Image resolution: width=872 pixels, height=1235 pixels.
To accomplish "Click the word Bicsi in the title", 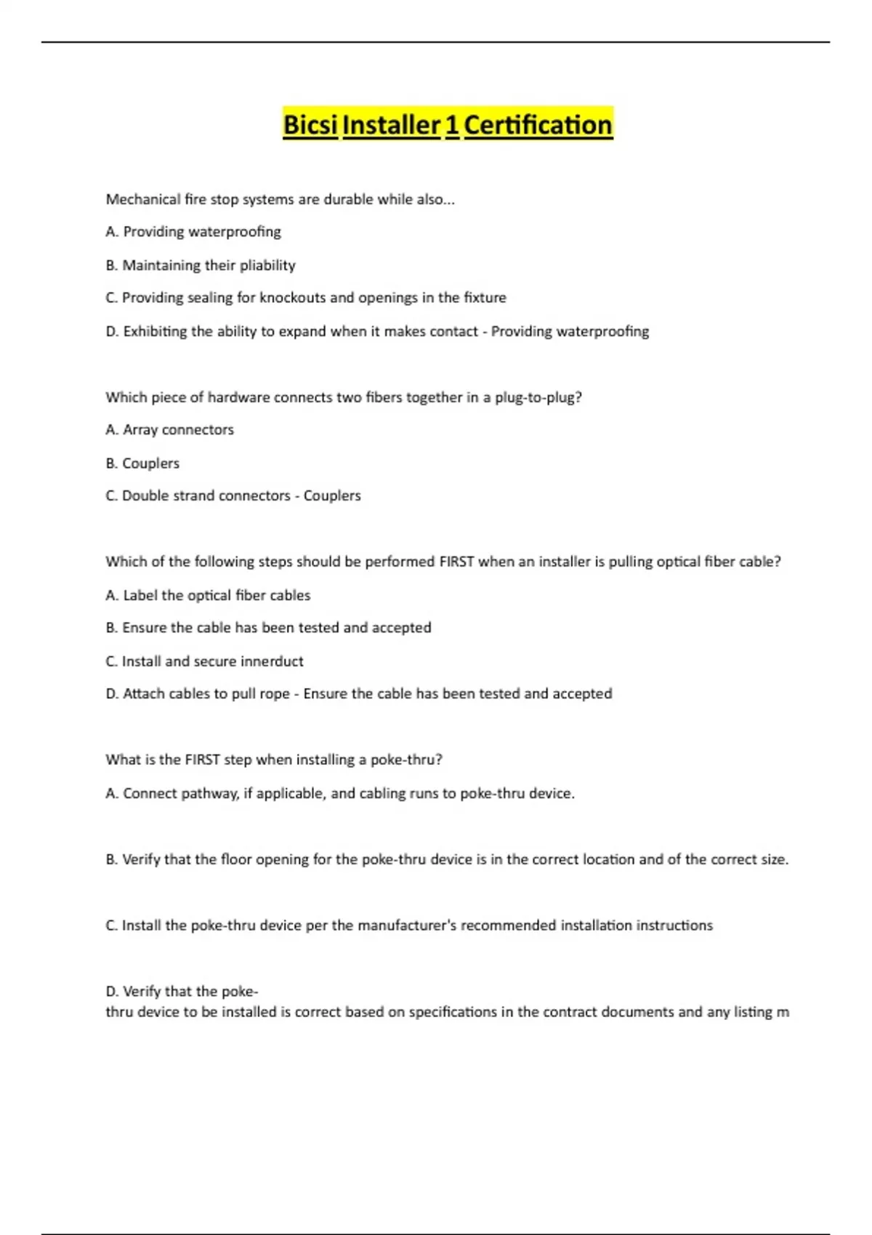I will [x=310, y=125].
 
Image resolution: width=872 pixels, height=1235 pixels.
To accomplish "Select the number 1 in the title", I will [x=451, y=125].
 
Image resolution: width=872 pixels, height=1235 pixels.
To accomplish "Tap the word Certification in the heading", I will [x=538, y=125].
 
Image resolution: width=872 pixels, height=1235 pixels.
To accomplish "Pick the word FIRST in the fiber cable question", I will [x=456, y=562].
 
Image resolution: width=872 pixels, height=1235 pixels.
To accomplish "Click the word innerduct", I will [x=272, y=661].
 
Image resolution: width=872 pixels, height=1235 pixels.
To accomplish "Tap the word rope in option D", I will [x=275, y=694].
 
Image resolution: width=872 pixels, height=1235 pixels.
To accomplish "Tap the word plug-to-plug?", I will [x=538, y=397].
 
